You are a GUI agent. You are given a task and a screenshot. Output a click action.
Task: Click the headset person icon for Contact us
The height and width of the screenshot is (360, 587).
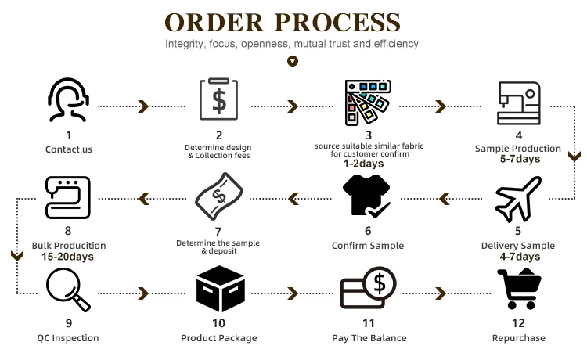(x=69, y=100)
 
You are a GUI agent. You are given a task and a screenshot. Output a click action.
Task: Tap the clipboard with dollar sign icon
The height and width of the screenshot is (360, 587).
(x=218, y=100)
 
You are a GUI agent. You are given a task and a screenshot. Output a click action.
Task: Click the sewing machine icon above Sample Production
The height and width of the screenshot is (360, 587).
(x=519, y=102)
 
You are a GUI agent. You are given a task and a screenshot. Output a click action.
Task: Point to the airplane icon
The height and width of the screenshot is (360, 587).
(x=518, y=199)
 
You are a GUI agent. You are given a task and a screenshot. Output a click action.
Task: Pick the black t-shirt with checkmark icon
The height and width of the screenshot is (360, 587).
(x=368, y=197)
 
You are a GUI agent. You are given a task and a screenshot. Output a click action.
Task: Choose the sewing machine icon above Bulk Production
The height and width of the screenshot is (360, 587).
(x=69, y=198)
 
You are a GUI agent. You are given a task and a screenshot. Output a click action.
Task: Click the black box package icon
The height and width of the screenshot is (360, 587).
(x=218, y=289)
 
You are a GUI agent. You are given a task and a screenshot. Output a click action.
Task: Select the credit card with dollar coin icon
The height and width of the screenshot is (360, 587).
(x=368, y=289)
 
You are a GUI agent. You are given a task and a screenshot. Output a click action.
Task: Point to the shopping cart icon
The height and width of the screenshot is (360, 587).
(x=518, y=289)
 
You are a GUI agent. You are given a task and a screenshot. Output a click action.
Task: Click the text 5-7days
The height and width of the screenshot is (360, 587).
(x=519, y=159)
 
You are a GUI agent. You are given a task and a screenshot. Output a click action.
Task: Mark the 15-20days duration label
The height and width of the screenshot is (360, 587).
(x=69, y=257)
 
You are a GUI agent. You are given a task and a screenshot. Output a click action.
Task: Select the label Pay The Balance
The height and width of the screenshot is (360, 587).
(x=368, y=338)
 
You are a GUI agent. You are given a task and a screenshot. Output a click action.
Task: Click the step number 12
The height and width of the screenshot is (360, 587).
(x=518, y=322)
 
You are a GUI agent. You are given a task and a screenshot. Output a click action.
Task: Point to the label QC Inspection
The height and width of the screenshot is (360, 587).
(x=69, y=338)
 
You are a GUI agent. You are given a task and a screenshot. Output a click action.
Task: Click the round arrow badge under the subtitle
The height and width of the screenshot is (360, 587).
(x=293, y=61)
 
